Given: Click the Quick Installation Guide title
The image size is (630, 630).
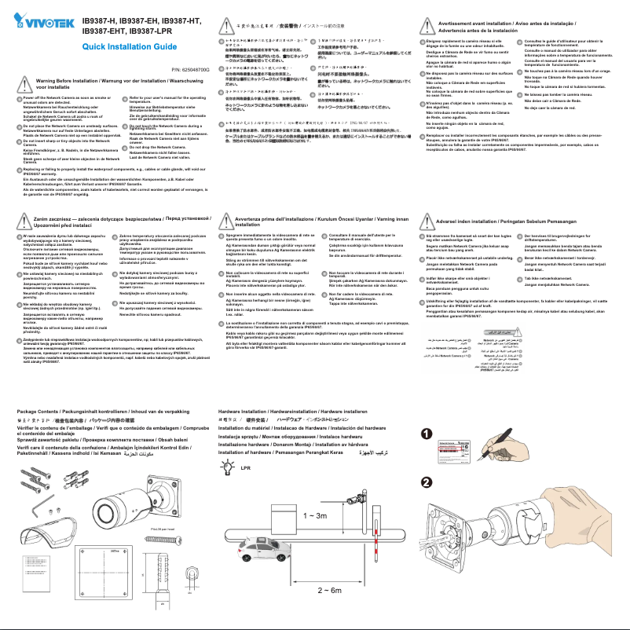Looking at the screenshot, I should (129, 48).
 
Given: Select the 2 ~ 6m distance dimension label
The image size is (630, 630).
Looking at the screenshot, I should (328, 589).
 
